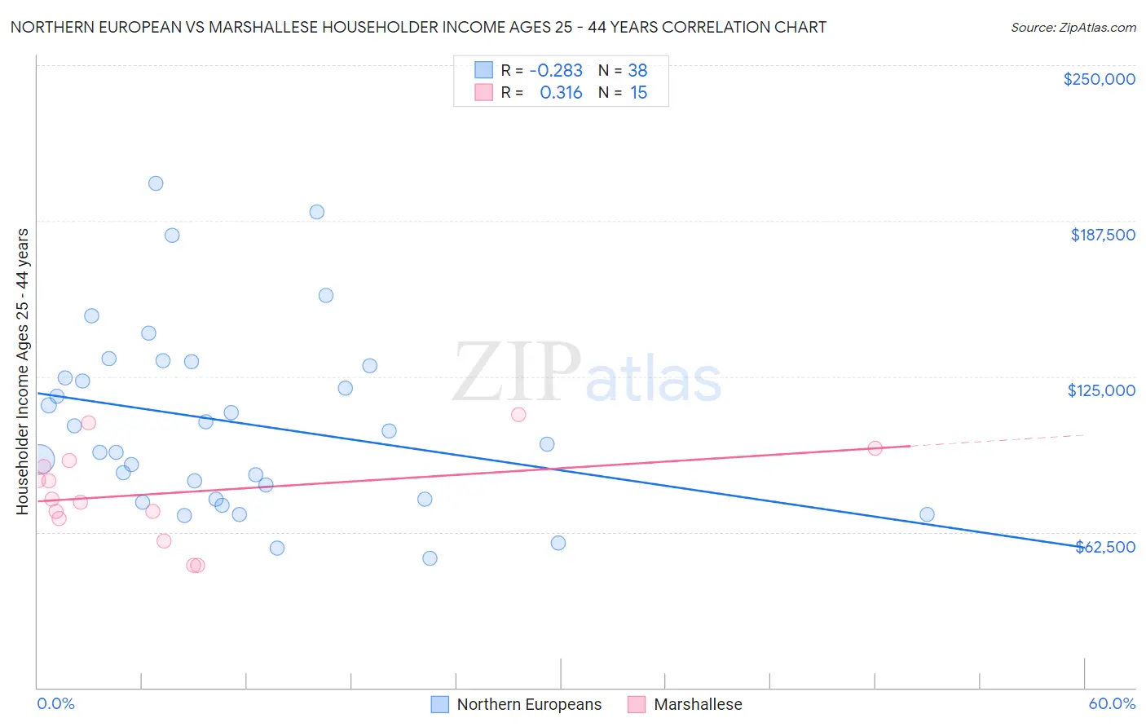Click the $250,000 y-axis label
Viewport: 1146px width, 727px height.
1099,79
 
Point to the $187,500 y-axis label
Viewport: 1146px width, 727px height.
1102,235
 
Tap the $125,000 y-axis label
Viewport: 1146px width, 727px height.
1101,390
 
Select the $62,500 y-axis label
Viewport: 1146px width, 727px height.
1105,547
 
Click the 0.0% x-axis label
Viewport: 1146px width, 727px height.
55,703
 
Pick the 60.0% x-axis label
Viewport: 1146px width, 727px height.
1112,703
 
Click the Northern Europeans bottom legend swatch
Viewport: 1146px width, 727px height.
440,704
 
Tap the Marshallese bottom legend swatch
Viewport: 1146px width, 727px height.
637,704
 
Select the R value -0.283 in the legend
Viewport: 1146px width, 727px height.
556,70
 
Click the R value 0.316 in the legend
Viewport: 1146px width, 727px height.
561,93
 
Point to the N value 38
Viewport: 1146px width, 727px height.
637,70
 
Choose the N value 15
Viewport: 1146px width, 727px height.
638,93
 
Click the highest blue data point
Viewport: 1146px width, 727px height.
156,183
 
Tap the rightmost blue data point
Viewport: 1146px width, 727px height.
927,514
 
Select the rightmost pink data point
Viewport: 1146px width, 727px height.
875,447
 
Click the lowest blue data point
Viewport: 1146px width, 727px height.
430,558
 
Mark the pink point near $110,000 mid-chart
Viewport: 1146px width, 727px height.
518,414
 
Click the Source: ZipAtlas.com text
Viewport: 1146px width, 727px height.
1073,27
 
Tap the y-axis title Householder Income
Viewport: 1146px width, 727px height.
22,372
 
